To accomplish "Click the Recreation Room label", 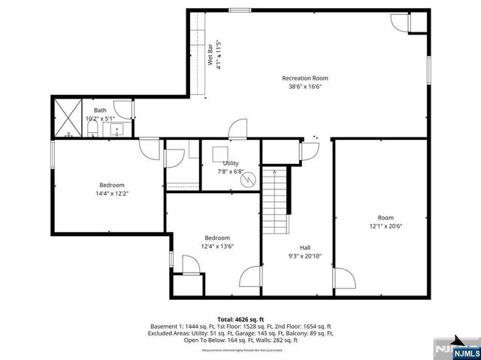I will pos(304,78).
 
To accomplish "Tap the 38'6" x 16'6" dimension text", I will pos(304,87).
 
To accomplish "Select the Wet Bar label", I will pos(210,58).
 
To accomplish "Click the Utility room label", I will pos(230,163).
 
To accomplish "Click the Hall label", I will pos(305,247).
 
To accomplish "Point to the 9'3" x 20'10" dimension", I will pos(305,256).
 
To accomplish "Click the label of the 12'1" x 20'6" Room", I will pos(386,217).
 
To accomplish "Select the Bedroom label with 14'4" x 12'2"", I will pos(112,185).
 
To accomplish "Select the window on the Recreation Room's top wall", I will pos(240,10).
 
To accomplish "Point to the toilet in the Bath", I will pos(92,132).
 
